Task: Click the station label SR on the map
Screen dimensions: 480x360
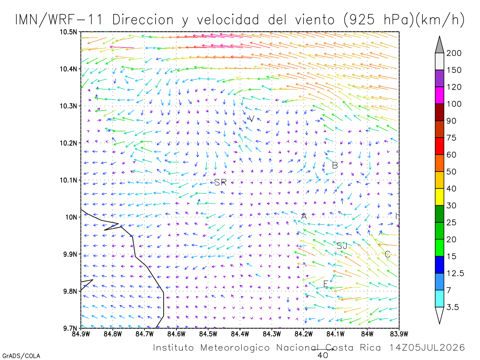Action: (x=220, y=182)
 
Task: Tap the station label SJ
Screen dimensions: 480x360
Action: (x=342, y=246)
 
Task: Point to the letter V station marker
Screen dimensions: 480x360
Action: (x=252, y=119)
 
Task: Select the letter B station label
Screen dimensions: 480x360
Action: (x=335, y=166)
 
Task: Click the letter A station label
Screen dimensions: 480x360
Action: (x=304, y=216)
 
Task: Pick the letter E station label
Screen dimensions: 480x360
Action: (x=326, y=284)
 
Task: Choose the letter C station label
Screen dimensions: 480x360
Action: (x=387, y=254)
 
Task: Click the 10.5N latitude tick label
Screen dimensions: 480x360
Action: (x=68, y=32)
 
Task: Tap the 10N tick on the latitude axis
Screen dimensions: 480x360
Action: (x=71, y=217)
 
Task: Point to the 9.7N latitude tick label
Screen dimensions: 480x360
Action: (x=70, y=328)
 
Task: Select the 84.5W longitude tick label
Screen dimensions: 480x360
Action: (x=208, y=334)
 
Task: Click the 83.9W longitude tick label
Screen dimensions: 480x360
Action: (x=399, y=334)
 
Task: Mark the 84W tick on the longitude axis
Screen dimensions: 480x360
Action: (x=367, y=334)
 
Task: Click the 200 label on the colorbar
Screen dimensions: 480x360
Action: (x=454, y=53)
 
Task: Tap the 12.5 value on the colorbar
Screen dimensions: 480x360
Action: (x=455, y=274)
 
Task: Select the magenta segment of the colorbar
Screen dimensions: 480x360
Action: (x=439, y=95)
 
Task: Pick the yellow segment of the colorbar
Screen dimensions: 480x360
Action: (x=439, y=197)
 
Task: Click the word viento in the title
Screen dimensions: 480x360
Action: (x=315, y=20)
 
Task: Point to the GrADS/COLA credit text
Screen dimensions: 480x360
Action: (x=21, y=356)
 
